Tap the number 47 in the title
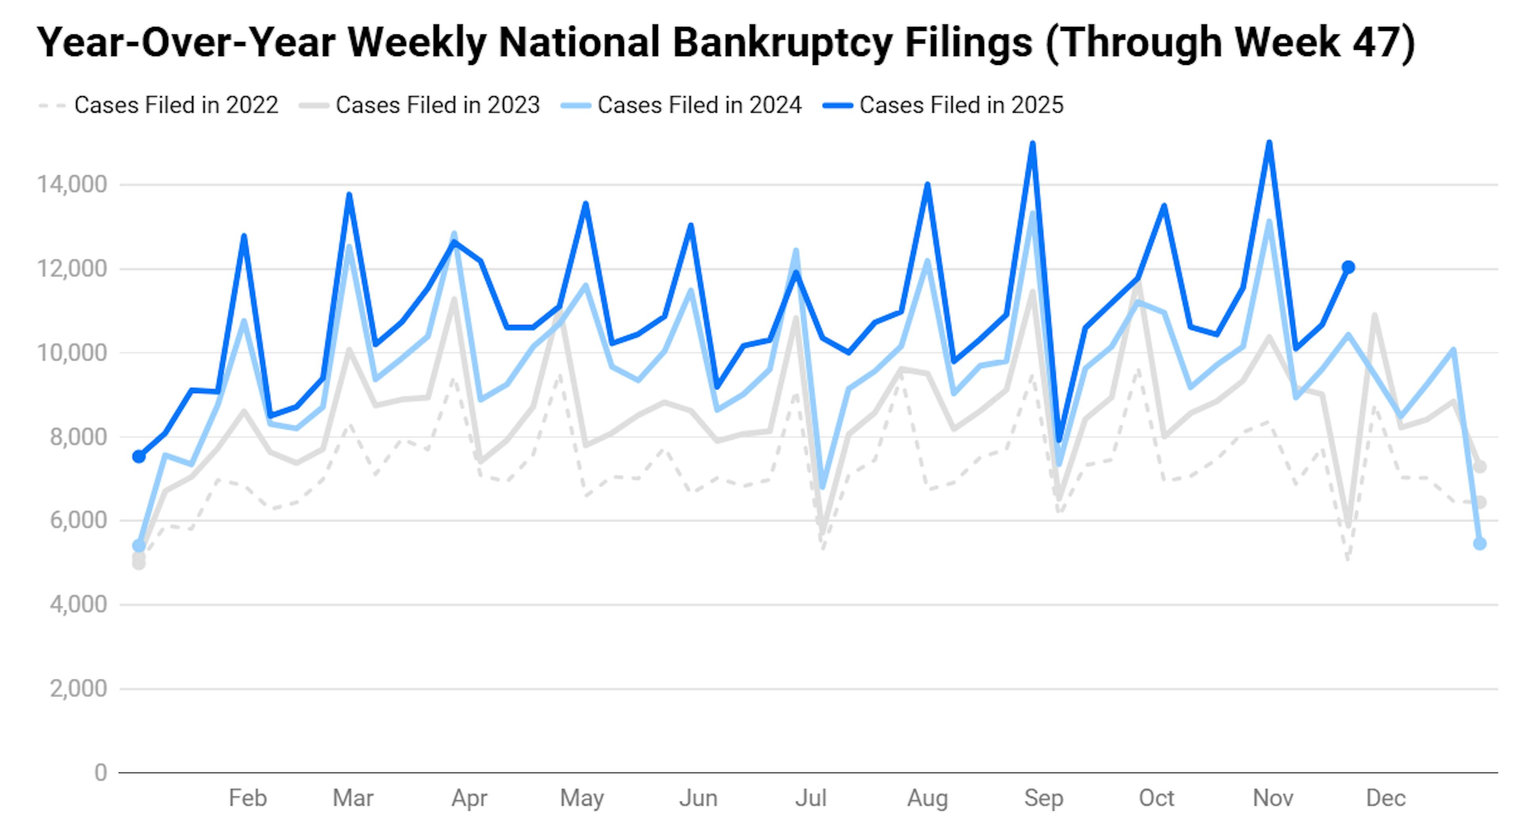pos(1375,42)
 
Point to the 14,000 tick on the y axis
pos(72,185)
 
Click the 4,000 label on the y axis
pos(78,604)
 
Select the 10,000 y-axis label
pos(72,353)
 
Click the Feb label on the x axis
pos(248,798)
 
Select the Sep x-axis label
pos(1043,798)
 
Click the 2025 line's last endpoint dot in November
pos(1348,267)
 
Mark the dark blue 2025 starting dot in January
pos(139,457)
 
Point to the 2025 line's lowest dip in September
pos(1059,440)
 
